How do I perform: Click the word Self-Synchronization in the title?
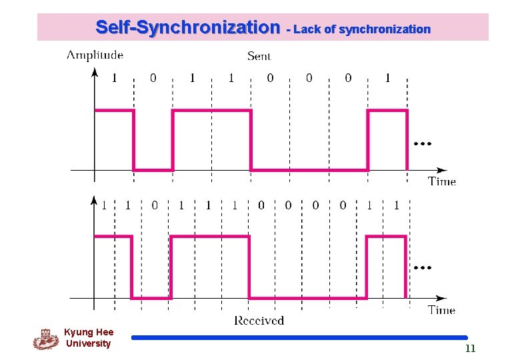tap(188, 28)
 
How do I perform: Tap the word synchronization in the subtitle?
tap(385, 29)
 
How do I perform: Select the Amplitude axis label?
tap(95, 55)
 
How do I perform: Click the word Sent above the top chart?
tap(259, 56)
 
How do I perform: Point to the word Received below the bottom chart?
tap(259, 321)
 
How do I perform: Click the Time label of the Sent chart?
tap(441, 181)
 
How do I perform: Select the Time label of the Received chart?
tap(441, 309)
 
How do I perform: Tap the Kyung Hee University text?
tap(89, 337)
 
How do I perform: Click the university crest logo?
tap(46, 339)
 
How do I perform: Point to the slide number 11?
tap(470, 349)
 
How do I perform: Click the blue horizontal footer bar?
tap(299, 337)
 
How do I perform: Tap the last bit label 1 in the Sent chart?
tap(387, 78)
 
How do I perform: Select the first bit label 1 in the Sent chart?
tap(114, 78)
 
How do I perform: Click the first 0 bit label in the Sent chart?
tap(153, 78)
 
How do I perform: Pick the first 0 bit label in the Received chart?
tap(154, 205)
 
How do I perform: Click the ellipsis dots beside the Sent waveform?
tap(422, 143)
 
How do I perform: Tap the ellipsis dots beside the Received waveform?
tap(422, 267)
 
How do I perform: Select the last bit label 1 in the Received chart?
tap(397, 205)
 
